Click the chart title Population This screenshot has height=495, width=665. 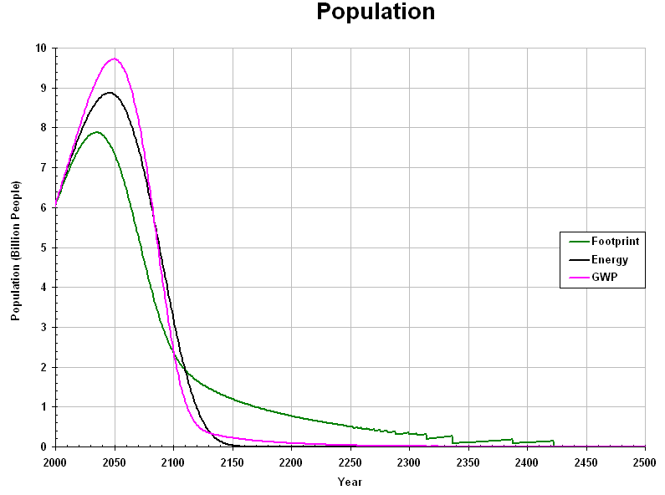(x=376, y=13)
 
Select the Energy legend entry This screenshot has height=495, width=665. (x=609, y=260)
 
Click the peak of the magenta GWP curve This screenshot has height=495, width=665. (x=115, y=59)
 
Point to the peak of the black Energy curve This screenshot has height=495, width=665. (x=110, y=92)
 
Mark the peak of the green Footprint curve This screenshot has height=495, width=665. (x=97, y=132)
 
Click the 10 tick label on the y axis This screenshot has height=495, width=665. (x=41, y=48)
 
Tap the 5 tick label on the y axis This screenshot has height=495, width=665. (x=43, y=247)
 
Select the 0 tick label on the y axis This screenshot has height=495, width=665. (x=43, y=447)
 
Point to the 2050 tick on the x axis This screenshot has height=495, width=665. (x=115, y=462)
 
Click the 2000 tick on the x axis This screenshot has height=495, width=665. (x=55, y=462)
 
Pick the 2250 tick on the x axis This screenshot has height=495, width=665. (x=350, y=462)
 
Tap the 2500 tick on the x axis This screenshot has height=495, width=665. (x=645, y=462)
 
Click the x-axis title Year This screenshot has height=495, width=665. (x=350, y=482)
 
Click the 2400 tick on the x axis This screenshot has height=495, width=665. (x=527, y=462)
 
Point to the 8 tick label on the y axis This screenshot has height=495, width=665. (x=43, y=128)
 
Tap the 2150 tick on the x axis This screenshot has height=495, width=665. (x=233, y=462)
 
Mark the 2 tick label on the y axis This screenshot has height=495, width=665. (x=43, y=367)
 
